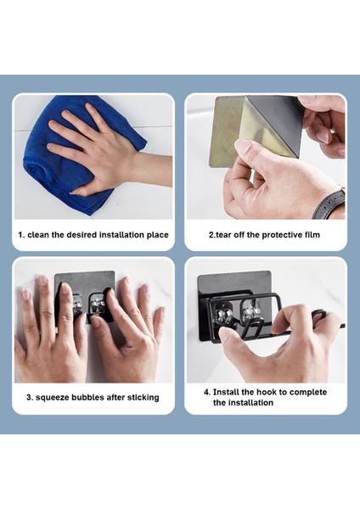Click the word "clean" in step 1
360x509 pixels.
coord(38,235)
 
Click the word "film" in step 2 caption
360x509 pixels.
coord(312,235)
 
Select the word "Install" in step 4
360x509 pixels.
coord(226,392)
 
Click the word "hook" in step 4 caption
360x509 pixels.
coord(267,392)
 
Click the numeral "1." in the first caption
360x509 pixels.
coord(21,235)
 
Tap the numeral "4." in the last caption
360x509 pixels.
coord(207,392)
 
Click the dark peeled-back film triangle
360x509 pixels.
coord(276,123)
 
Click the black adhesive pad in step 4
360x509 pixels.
coord(234,305)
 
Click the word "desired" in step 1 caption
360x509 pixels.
coord(81,235)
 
